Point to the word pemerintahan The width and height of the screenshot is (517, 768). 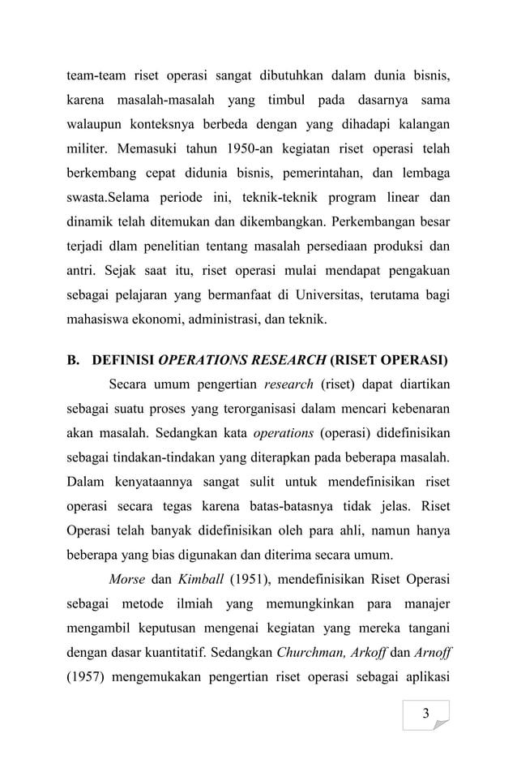coord(318,173)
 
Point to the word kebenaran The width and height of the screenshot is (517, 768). coord(417,404)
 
